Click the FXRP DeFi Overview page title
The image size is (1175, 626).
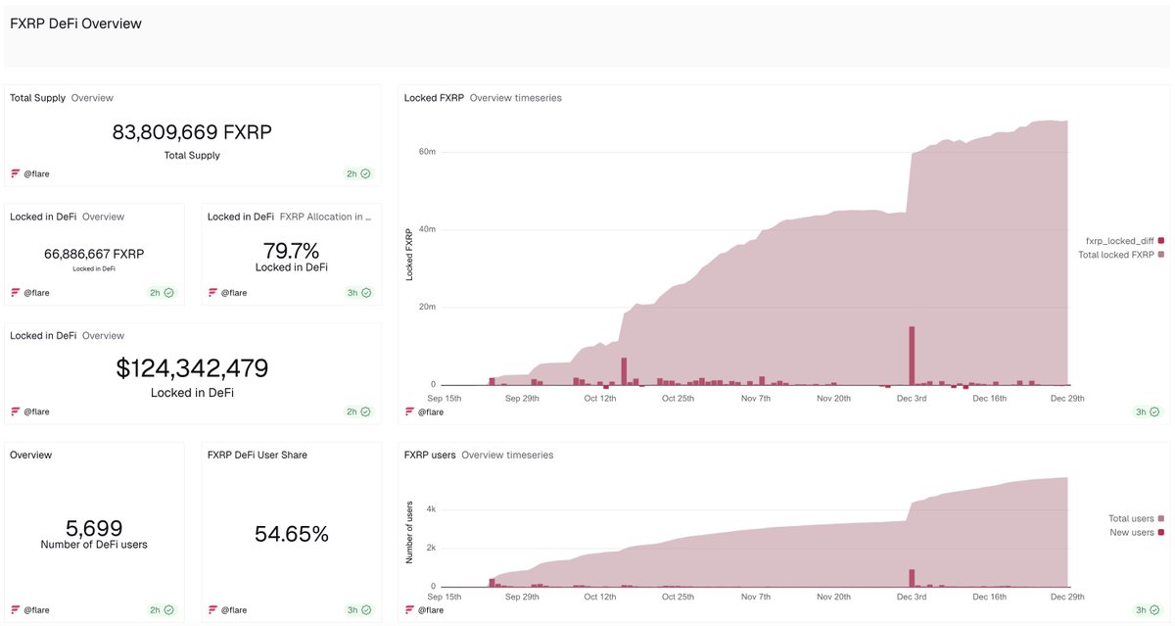[x=75, y=24]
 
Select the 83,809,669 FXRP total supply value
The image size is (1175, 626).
[x=192, y=132]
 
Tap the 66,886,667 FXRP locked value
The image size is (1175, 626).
[x=94, y=254]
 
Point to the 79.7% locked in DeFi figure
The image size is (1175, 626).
[x=291, y=251]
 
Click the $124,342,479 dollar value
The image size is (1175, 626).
[x=192, y=368]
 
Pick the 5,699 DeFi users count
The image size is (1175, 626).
[x=94, y=528]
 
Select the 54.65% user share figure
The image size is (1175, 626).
[x=291, y=534]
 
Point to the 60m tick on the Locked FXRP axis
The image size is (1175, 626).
[x=427, y=152]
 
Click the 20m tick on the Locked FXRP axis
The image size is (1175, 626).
[x=427, y=307]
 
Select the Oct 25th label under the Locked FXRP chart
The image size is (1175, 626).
[x=678, y=399]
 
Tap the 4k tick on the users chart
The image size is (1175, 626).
[x=430, y=509]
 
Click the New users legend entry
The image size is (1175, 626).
[x=1133, y=532]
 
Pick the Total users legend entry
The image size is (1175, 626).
[x=1133, y=518]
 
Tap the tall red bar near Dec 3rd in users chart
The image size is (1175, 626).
[x=912, y=578]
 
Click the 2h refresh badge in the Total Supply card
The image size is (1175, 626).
[x=357, y=173]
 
